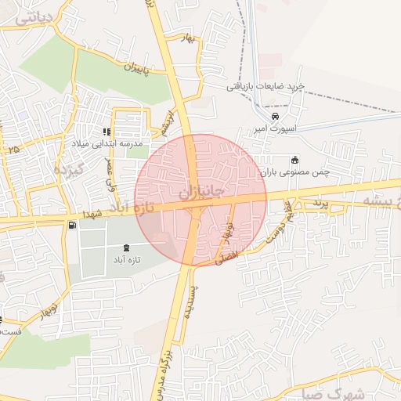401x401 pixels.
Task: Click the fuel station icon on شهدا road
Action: (73, 226)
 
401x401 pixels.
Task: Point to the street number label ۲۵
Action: (12, 147)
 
